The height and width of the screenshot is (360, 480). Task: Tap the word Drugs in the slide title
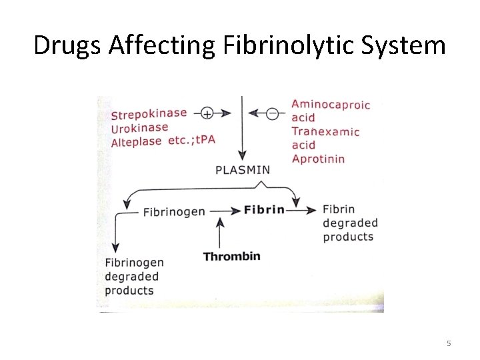click(x=62, y=46)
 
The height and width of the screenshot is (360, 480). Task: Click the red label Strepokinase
click(x=149, y=114)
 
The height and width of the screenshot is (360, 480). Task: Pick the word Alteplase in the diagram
click(x=136, y=142)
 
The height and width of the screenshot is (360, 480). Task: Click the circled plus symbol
click(x=207, y=113)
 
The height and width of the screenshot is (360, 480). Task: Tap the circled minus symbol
click(x=272, y=113)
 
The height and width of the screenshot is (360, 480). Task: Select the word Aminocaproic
click(x=331, y=104)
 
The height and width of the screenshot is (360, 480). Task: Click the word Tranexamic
click(x=325, y=131)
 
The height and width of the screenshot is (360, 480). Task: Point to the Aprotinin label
click(x=318, y=159)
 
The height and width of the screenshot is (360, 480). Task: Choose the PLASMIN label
click(x=243, y=169)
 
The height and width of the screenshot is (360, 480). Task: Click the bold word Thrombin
click(x=231, y=256)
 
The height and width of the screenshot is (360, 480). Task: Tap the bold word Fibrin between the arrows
click(x=264, y=210)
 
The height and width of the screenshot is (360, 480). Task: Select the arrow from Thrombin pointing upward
click(x=221, y=233)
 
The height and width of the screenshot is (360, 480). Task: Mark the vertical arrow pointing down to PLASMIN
click(x=242, y=130)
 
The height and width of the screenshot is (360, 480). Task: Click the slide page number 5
click(x=448, y=343)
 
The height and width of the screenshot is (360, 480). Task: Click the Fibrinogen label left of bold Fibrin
click(x=174, y=212)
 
